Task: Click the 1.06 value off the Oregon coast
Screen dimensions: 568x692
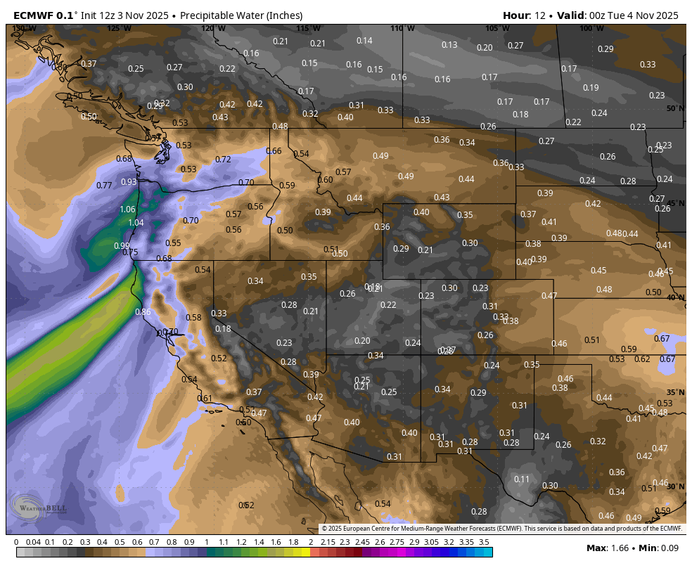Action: coord(127,209)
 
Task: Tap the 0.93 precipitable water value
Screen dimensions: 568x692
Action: coord(129,182)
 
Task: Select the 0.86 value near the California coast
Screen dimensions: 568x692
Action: coord(143,312)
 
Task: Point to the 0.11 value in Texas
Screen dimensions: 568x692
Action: coord(522,479)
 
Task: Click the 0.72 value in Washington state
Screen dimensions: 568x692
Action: coord(223,160)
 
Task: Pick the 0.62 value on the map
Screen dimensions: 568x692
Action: coord(642,359)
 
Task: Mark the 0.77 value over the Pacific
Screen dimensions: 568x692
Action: coord(104,186)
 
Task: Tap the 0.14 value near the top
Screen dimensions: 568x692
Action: coord(364,41)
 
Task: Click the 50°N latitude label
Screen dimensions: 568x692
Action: coord(675,108)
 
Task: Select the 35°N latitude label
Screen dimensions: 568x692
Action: coord(675,392)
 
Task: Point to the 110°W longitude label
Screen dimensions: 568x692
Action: coord(399,28)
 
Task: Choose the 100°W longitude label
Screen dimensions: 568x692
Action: coord(587,28)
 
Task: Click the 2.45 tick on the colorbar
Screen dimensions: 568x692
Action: coord(362,543)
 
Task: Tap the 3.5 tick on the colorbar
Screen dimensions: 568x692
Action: coord(484,543)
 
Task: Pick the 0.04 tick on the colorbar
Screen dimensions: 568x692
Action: coord(33,543)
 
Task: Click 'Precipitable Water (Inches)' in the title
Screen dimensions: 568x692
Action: coord(241,15)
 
